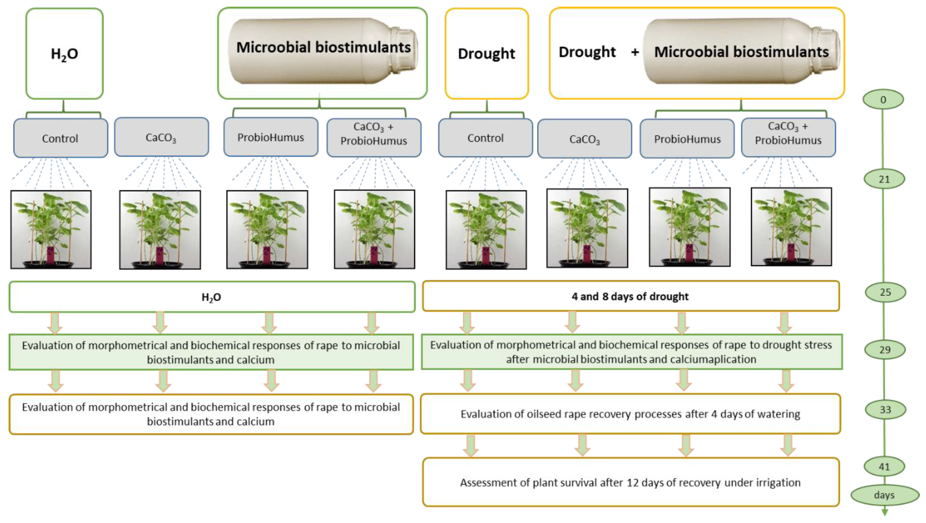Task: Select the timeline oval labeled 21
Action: tap(884, 179)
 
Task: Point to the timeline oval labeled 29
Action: tap(885, 350)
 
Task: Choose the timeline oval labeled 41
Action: tap(884, 467)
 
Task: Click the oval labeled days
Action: tap(884, 495)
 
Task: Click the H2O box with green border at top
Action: tap(64, 53)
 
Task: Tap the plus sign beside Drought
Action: tap(635, 52)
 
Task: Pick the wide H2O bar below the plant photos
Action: tap(212, 297)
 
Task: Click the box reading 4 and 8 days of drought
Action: tap(631, 296)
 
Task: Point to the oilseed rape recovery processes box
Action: tap(631, 414)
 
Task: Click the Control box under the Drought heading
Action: tap(485, 138)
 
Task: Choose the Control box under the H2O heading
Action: tap(60, 139)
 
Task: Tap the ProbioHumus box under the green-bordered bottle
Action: tap(271, 137)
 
